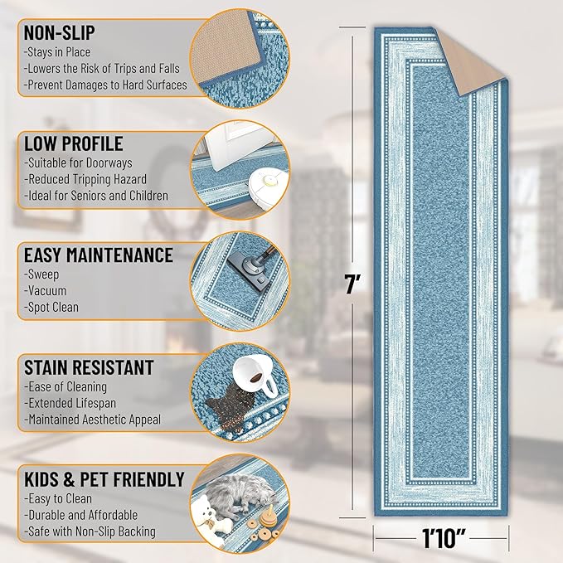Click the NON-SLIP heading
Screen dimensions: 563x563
pos(60,33)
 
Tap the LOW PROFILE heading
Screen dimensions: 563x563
pos(74,143)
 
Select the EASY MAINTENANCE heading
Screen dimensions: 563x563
pos(99,255)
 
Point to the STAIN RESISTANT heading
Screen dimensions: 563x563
pos(89,366)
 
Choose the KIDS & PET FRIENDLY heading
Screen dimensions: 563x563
pos(104,479)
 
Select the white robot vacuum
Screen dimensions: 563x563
pos(265,172)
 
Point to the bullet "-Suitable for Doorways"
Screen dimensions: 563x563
pos(79,163)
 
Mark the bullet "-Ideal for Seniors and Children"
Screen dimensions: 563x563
pos(96,197)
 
